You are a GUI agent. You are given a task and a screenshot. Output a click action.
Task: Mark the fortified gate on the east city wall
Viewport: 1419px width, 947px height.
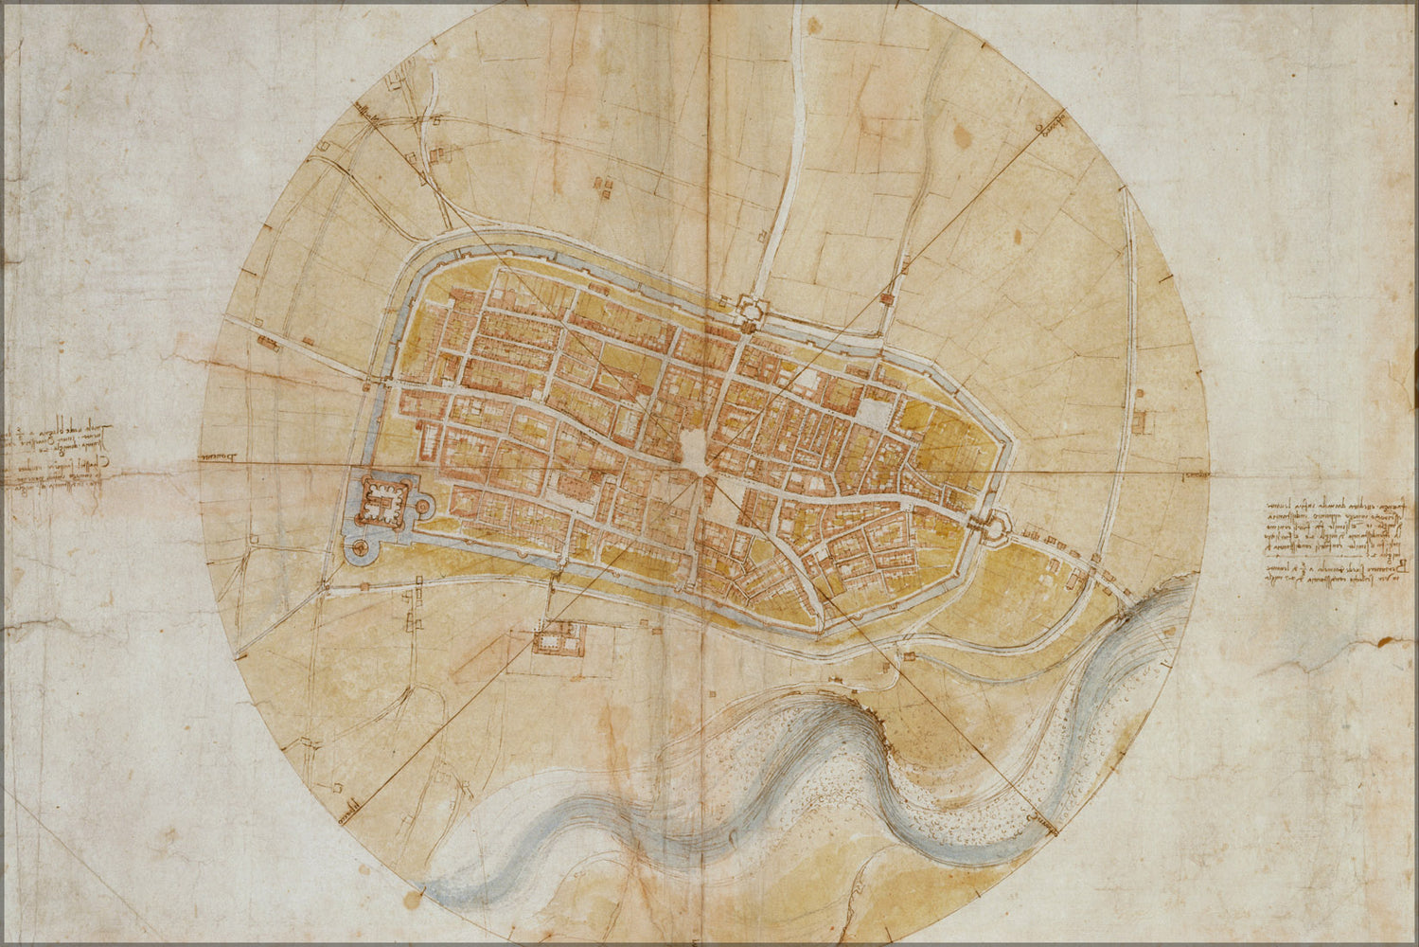pyautogui.click(x=995, y=523)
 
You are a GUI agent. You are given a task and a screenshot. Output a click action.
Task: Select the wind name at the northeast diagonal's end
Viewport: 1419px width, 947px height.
pyautogui.click(x=1049, y=127)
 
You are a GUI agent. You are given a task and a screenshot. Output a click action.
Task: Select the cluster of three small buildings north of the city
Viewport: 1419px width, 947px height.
pyautogui.click(x=603, y=185)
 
